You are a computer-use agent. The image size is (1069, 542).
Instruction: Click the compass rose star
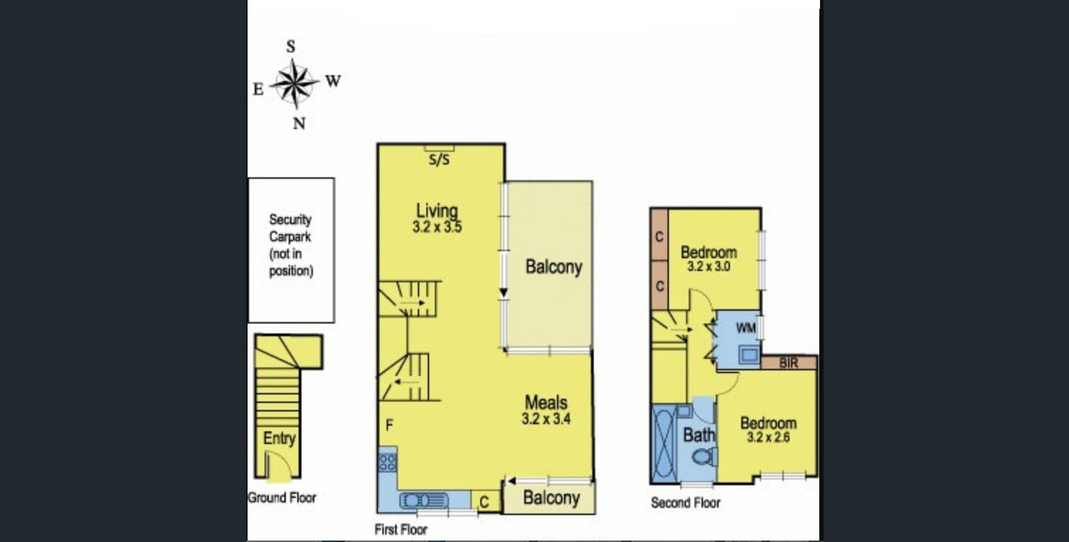coord(294,84)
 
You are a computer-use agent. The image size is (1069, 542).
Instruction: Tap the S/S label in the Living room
coord(439,160)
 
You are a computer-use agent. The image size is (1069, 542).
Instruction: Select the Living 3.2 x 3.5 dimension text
coord(437,226)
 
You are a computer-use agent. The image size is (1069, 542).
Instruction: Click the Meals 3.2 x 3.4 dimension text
coord(546,419)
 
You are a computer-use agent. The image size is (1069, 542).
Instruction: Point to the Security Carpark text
coord(290,228)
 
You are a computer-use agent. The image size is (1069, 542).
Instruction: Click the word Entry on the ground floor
coord(279,438)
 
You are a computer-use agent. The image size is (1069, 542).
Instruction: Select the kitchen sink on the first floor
coord(423,501)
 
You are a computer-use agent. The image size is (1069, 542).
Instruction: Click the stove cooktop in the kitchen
coord(387,463)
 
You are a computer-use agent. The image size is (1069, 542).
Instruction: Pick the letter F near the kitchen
coord(389,425)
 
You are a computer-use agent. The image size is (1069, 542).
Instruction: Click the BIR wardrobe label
coord(788,363)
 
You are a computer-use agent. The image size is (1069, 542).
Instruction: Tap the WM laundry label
coord(746,328)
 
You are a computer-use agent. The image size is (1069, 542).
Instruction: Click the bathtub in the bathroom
coord(663,443)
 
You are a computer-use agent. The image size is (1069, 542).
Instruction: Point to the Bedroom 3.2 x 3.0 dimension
coord(709,267)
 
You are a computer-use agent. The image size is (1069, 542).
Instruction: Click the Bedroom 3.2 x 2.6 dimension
coord(768,437)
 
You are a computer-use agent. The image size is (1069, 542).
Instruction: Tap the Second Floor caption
coord(686,503)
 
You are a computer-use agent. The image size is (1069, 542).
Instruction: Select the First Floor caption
coord(401,530)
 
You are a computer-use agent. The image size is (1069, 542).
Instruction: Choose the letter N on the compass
coord(299,124)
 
